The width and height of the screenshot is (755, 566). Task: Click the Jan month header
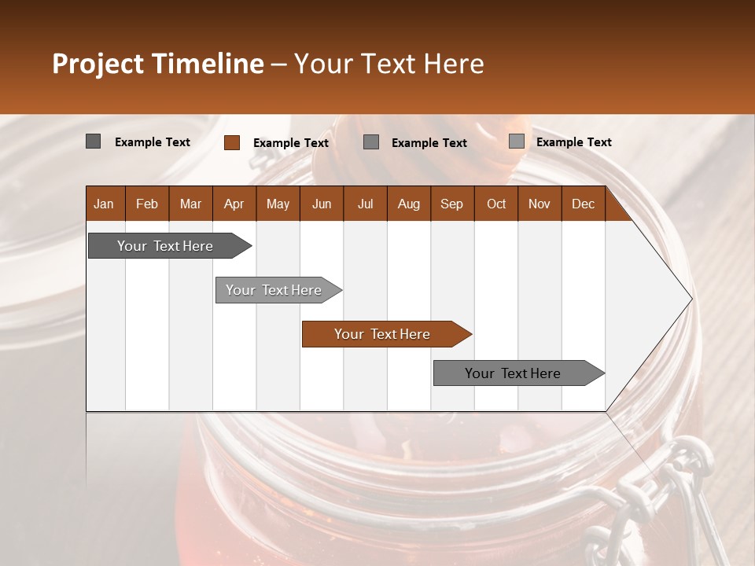pyautogui.click(x=104, y=204)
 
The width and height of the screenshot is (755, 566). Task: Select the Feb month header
pyautogui.click(x=147, y=204)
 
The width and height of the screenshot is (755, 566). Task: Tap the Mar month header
pyautogui.click(x=190, y=204)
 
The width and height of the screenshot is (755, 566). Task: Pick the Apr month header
pyautogui.click(x=234, y=204)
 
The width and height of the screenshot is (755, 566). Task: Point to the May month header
pyautogui.click(x=278, y=204)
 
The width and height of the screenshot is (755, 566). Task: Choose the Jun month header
pyautogui.click(x=322, y=204)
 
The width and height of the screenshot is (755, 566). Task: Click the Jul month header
pyautogui.click(x=365, y=204)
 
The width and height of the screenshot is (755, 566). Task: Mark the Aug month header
pyautogui.click(x=408, y=204)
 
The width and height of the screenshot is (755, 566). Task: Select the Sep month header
pyautogui.click(x=451, y=204)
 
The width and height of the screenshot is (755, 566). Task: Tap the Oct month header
pyautogui.click(x=496, y=204)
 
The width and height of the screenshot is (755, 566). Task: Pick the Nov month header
pyautogui.click(x=540, y=204)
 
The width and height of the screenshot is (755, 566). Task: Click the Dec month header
pyautogui.click(x=583, y=204)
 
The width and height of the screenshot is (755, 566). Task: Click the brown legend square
pyautogui.click(x=231, y=142)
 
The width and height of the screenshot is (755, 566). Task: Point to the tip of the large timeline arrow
pyautogui.click(x=690, y=299)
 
